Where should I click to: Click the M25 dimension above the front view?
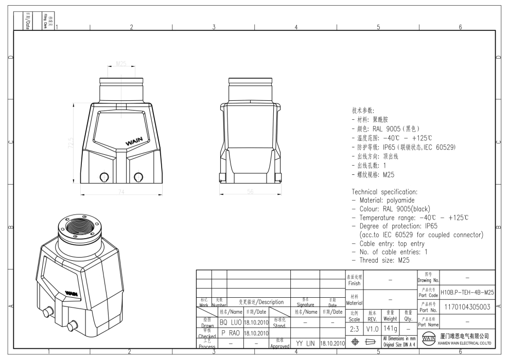coord(121,64)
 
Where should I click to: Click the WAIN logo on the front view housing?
coord(135,139)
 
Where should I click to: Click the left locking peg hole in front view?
coord(104,177)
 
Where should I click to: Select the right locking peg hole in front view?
coord(138,177)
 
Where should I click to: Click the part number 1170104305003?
coord(467,308)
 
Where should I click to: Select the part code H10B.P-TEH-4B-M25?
coord(467,292)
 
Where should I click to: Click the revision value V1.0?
coord(373,328)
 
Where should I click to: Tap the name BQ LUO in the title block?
coord(230,322)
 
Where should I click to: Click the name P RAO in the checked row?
coord(230,332)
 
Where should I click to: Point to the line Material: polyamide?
coord(383,200)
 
